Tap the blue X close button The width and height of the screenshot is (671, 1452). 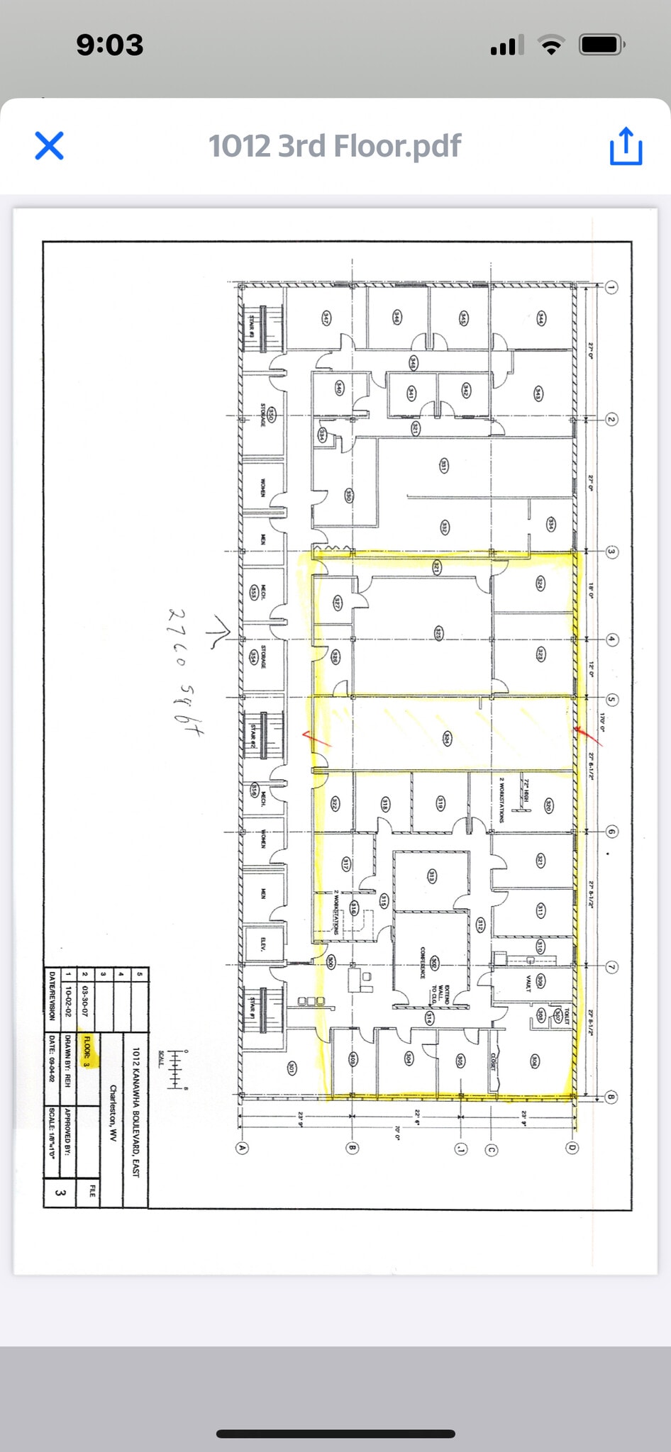point(50,146)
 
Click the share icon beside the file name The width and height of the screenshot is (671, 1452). point(626,146)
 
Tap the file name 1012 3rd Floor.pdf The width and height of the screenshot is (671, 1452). point(335,146)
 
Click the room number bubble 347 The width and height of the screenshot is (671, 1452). point(326,317)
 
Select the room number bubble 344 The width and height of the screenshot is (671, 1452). point(541,317)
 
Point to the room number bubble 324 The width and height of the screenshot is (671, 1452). point(540,583)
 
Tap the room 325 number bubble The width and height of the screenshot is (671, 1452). point(438,633)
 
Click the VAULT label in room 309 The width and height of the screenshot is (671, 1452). point(528,982)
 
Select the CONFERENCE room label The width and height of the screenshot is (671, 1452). point(423,962)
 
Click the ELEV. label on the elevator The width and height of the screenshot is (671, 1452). point(263,944)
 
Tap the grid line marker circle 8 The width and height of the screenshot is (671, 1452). point(611,1098)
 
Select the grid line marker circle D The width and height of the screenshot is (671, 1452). point(572,1148)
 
